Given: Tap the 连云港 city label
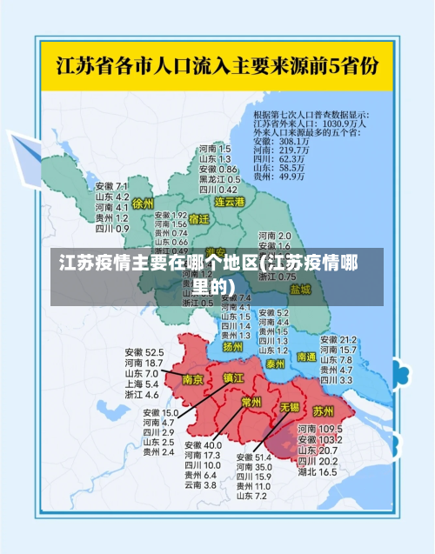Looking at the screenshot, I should pos(231,202).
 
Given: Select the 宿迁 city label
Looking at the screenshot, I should pos(198,219).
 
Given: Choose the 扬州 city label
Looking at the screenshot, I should pos(232,346).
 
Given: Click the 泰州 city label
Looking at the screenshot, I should pos(276,363).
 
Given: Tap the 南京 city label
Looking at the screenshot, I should pos(193,379).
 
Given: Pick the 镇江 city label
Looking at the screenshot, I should pos(234,377).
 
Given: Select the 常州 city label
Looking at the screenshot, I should pos(251,402).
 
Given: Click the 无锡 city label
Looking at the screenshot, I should pos(289,406).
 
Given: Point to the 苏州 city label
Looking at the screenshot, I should pos(323,409).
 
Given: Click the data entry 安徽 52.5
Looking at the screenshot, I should pos(144,352).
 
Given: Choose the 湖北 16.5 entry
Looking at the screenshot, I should pos(317,472).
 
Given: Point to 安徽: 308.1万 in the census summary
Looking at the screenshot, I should pos(280,141).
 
